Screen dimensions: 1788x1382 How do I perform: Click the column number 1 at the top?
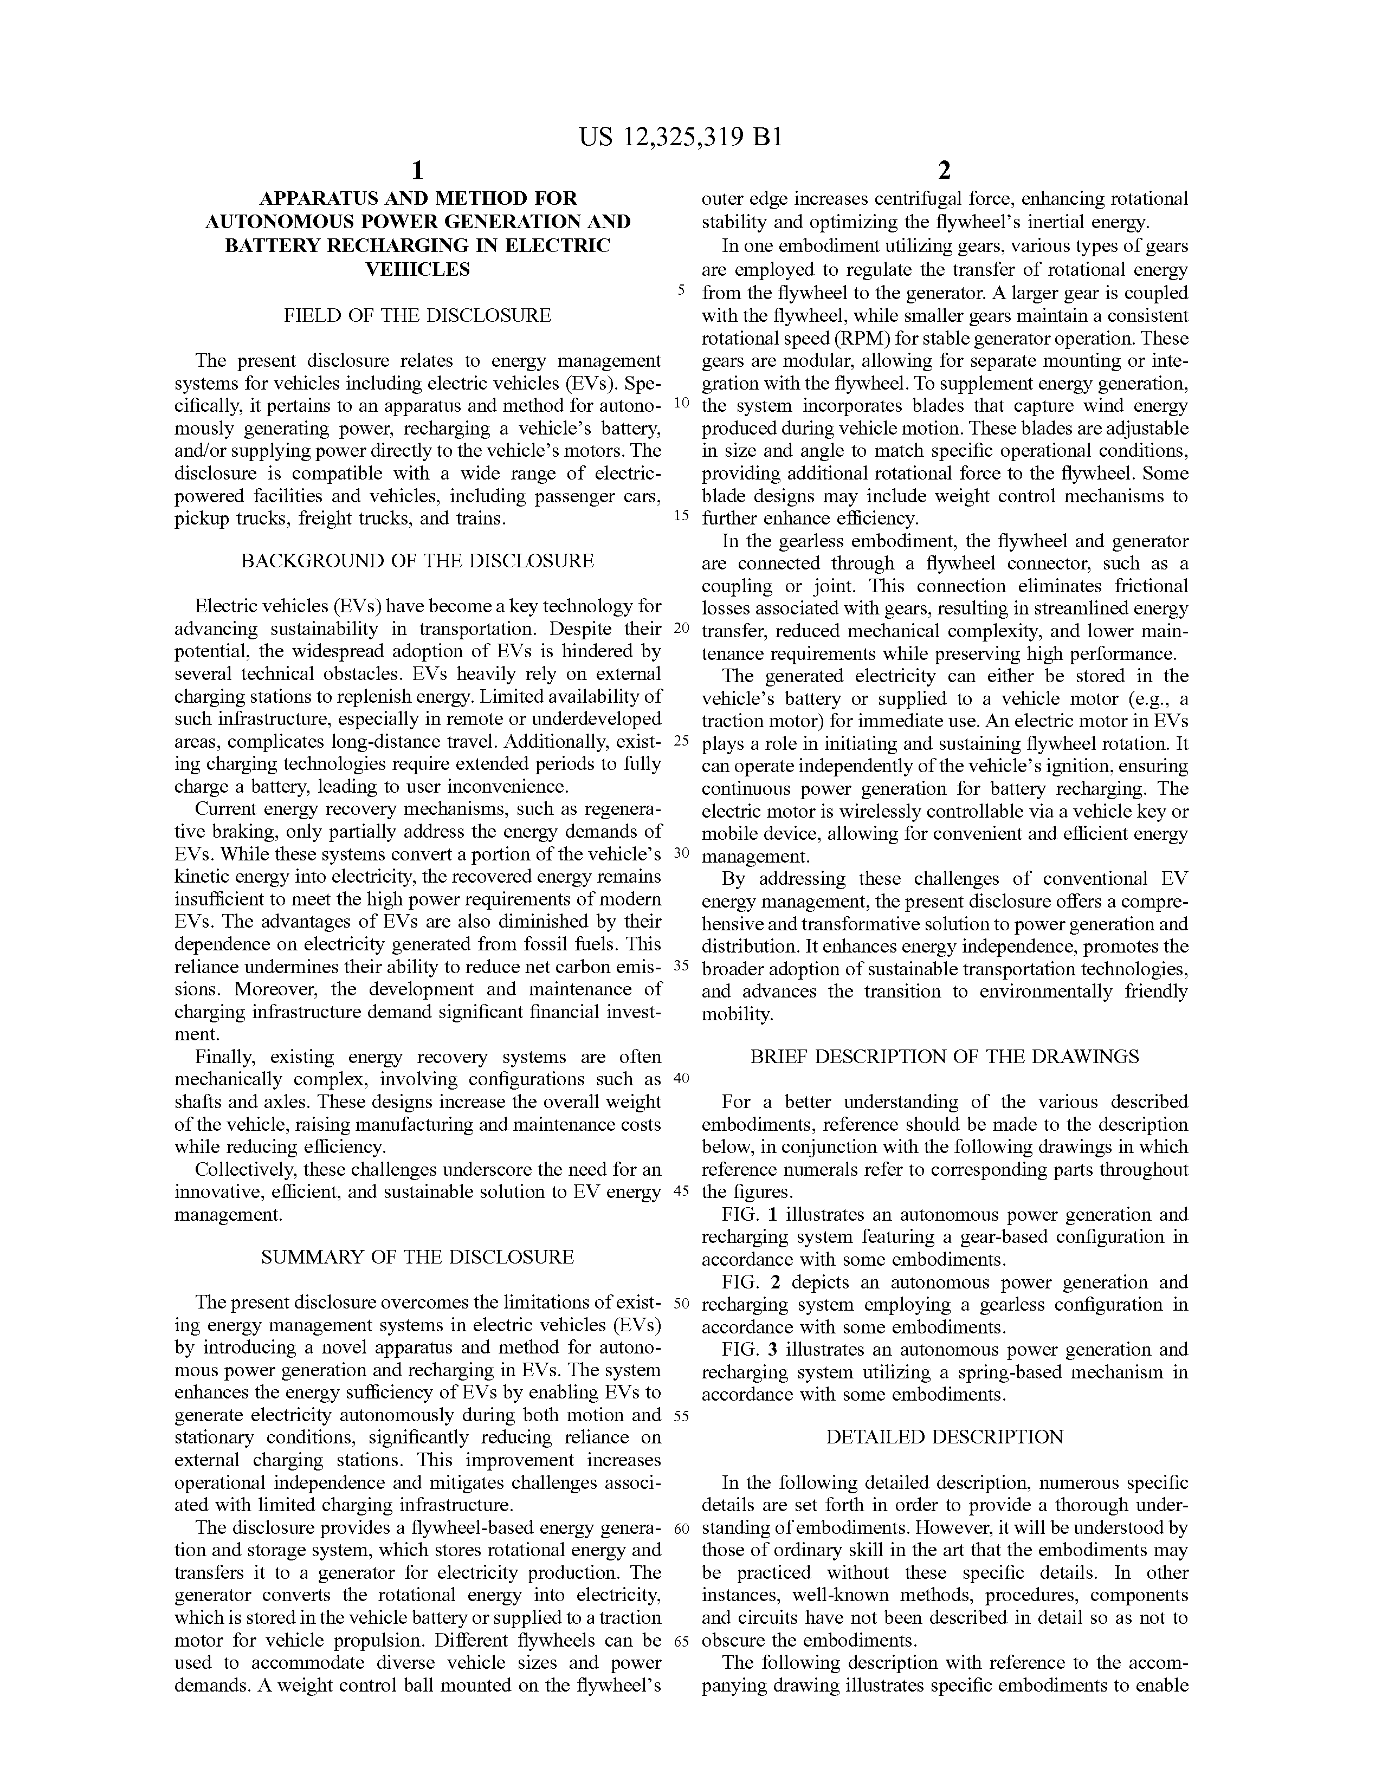(417, 170)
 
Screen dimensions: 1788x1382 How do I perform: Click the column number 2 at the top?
(944, 170)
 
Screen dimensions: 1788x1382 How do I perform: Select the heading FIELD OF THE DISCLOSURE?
(417, 315)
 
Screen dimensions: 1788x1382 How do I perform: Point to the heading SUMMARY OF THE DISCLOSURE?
(417, 1256)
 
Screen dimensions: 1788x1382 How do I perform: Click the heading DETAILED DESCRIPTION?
(945, 1437)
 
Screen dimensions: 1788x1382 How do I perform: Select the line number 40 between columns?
(681, 1078)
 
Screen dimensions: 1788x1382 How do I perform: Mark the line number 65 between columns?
(681, 1640)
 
